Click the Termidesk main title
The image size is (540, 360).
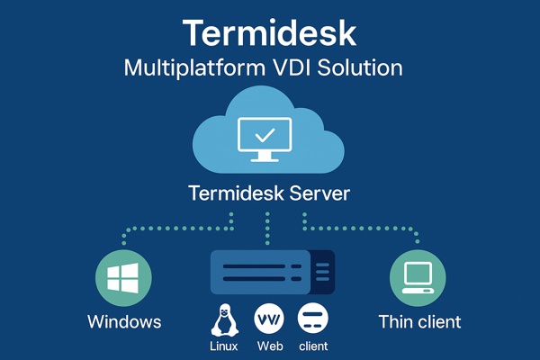[x=269, y=32]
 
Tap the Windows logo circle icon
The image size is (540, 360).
[x=124, y=279]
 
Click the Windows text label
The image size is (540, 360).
[x=124, y=321]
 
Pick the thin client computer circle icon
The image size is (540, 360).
[x=417, y=279]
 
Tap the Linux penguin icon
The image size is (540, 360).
[x=223, y=319]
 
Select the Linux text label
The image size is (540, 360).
[x=223, y=346]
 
